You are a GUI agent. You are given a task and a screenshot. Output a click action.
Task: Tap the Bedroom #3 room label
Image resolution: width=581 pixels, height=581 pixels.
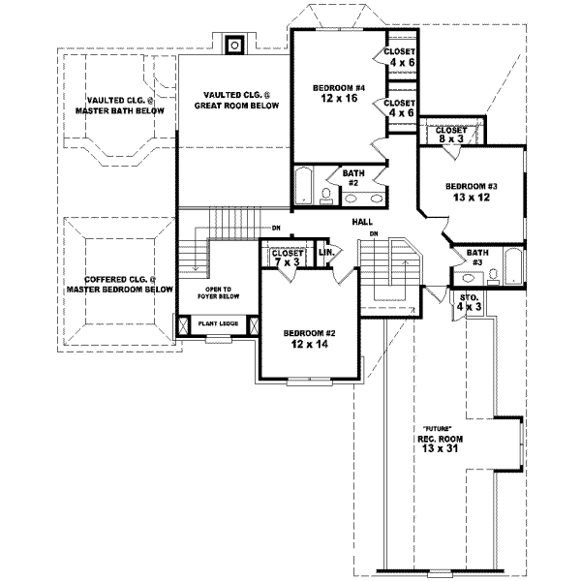tap(472, 186)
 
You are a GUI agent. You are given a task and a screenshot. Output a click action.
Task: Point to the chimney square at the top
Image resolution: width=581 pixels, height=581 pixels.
tap(234, 44)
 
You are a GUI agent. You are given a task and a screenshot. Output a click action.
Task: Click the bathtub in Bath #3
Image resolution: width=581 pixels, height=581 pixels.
tap(511, 269)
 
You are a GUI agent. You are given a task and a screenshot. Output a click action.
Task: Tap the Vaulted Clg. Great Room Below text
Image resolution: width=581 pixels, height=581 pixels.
tap(233, 100)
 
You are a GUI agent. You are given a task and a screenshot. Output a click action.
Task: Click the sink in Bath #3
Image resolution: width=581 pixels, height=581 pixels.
tap(493, 275)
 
